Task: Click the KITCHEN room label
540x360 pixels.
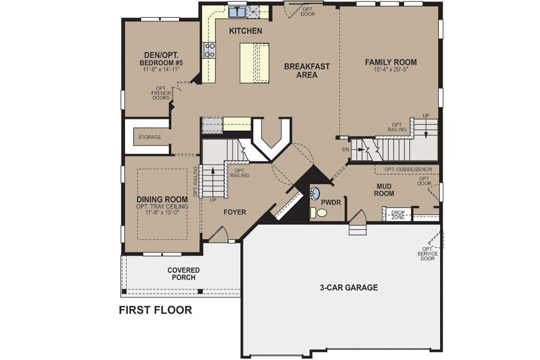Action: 245,31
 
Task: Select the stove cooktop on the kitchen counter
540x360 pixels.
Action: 209,50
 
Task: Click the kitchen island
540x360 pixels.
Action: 254,63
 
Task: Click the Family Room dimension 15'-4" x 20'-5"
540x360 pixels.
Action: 390,70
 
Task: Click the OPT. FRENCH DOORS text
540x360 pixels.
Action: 161,93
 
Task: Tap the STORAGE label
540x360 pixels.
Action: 149,137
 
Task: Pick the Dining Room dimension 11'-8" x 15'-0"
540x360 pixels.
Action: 162,212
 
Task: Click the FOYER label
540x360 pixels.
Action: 234,212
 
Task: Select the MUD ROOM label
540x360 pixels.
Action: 385,190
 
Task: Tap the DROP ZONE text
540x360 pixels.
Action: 398,214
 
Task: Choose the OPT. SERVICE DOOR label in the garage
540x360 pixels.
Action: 427,253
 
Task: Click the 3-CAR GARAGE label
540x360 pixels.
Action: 348,287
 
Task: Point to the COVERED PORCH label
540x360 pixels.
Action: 183,273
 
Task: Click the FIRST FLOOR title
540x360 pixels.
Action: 155,310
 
